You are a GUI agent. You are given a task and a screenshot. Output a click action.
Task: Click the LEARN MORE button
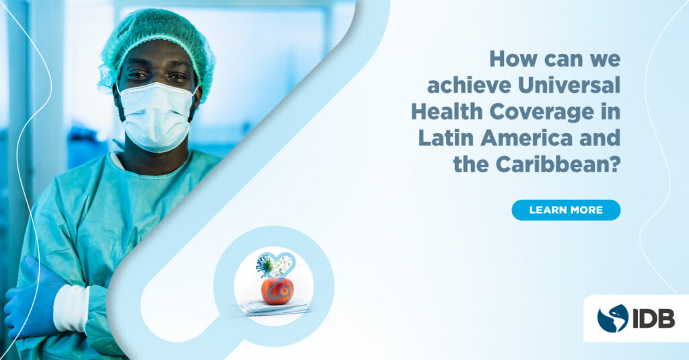pos(566,210)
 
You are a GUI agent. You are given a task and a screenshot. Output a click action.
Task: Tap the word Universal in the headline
pos(569,85)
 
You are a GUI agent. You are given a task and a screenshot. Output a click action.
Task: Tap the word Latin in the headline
pos(445,138)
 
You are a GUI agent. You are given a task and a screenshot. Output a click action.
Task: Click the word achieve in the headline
pos(469,85)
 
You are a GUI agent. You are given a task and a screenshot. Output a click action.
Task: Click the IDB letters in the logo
pos(653,318)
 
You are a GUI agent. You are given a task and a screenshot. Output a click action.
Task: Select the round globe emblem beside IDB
pos(612,318)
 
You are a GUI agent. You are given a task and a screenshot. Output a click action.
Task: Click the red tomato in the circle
pos(277,291)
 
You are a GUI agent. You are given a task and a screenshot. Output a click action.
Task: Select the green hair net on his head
pos(156,44)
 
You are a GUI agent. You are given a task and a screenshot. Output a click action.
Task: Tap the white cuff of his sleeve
pos(70,308)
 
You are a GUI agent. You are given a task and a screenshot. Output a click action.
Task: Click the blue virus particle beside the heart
pos(265,264)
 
